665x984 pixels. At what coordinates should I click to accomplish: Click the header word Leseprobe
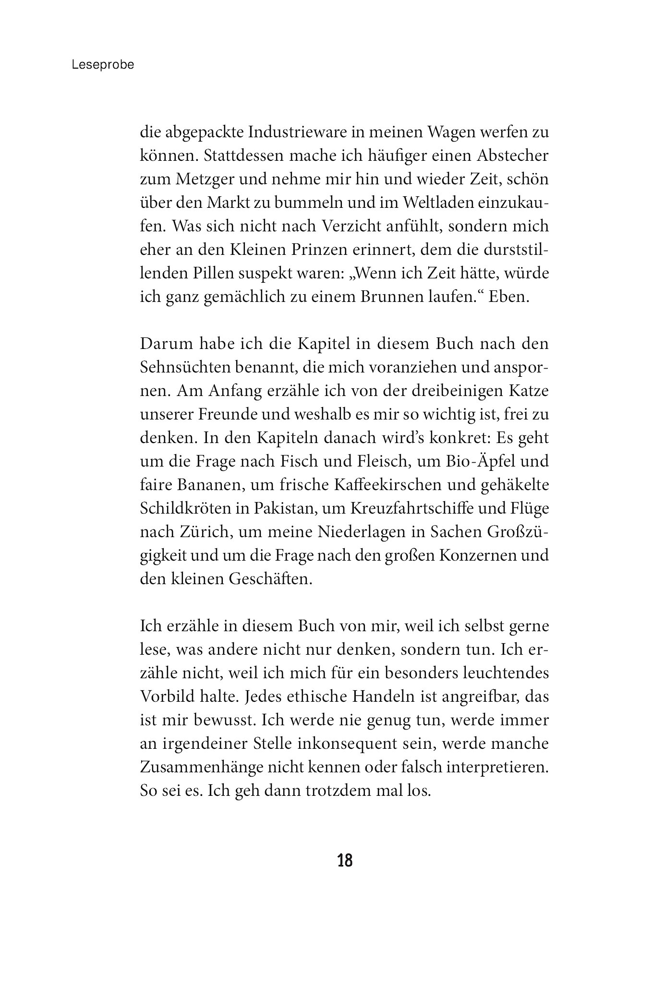pyautogui.click(x=103, y=65)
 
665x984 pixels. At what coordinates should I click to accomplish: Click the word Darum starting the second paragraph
pyautogui.click(x=164, y=344)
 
